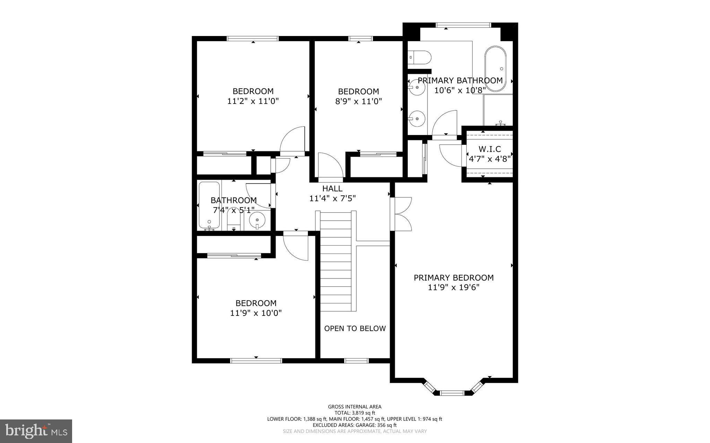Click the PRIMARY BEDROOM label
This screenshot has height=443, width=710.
click(x=453, y=278)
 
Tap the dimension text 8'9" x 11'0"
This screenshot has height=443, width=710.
click(x=358, y=101)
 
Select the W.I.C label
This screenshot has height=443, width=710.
click(x=490, y=149)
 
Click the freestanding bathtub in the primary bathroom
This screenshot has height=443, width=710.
click(x=495, y=69)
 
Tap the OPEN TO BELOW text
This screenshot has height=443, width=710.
click(x=355, y=328)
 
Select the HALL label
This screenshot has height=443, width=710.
click(x=332, y=189)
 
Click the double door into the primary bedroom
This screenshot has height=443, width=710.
click(x=402, y=214)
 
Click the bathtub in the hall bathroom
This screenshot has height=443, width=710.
click(x=209, y=205)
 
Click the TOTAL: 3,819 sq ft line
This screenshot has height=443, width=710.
click(x=355, y=413)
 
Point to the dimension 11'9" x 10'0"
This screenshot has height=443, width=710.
click(x=256, y=313)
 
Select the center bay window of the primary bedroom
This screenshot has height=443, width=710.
click(x=452, y=393)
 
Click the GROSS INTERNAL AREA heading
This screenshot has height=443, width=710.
click(x=355, y=407)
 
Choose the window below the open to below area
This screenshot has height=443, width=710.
click(x=356, y=361)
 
